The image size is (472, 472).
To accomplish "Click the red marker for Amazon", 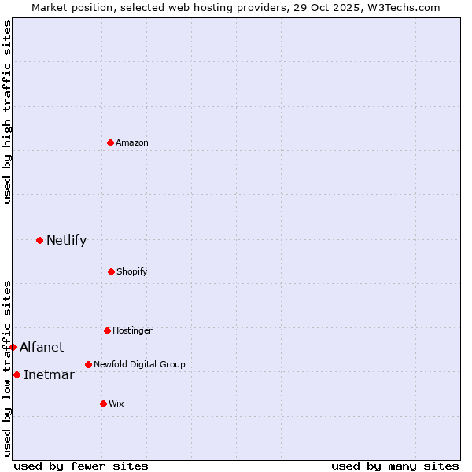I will tap(110, 142).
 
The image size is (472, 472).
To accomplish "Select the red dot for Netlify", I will tap(39, 240).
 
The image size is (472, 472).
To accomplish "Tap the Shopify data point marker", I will tap(111, 271).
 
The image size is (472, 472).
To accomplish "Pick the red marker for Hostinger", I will tap(107, 330).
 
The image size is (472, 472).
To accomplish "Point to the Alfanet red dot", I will tap(13, 347).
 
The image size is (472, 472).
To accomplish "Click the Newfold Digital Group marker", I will tap(88, 364).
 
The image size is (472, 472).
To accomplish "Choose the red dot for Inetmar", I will tap(17, 374).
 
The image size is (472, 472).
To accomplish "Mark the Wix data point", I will tap(103, 404).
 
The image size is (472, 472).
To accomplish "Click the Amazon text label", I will tap(132, 142).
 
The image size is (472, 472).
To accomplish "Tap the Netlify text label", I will tap(66, 240).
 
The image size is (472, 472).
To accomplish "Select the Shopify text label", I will tap(131, 271).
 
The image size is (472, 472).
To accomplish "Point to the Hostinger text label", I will tap(132, 330).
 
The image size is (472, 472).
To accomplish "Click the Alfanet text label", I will tap(42, 347).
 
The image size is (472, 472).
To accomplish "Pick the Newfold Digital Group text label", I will tap(139, 364).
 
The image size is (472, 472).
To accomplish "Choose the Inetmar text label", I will tap(49, 374).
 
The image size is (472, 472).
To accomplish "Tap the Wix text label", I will tap(116, 404).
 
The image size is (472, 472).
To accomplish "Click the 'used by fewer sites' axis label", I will tap(81, 466).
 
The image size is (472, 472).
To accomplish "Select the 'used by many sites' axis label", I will tap(395, 466).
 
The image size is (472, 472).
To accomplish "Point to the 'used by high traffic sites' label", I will tap(7, 112).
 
